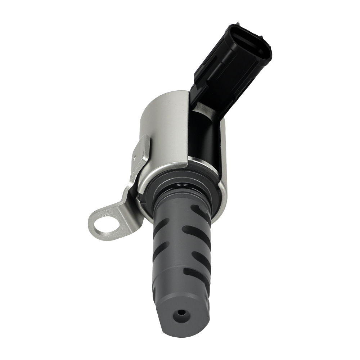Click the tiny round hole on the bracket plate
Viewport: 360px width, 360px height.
[134, 157]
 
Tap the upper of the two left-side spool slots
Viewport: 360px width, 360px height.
[160, 227]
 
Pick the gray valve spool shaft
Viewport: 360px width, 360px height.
[180, 252]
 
